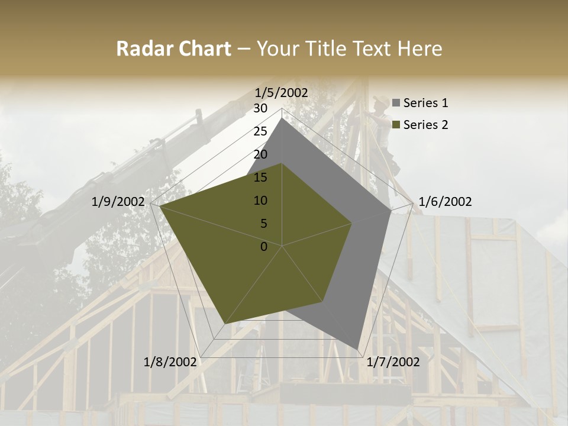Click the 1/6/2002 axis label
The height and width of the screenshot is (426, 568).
point(445,202)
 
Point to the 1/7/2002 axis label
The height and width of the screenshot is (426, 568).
point(393,362)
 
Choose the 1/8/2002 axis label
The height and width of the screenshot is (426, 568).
point(170,362)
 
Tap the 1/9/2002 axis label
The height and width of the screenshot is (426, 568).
point(118,202)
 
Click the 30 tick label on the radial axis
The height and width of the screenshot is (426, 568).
point(260,108)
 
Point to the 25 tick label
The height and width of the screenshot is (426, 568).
point(260,131)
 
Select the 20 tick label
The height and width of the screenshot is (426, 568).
point(260,154)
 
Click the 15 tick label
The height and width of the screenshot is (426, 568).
point(260,177)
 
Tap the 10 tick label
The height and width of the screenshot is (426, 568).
point(260,201)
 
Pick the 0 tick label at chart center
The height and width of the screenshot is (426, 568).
point(264,247)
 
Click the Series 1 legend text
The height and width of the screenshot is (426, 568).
point(425,103)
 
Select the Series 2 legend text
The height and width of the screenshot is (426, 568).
point(425,125)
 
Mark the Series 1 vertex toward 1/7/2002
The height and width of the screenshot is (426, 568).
point(357,349)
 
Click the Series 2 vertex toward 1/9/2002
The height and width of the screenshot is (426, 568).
point(160,206)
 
